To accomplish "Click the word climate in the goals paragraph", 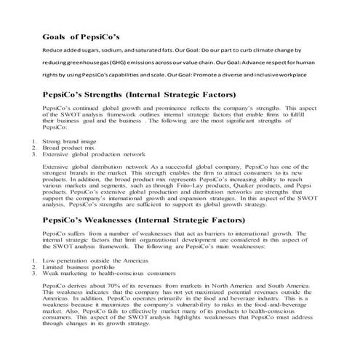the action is click(x=257, y=49).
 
